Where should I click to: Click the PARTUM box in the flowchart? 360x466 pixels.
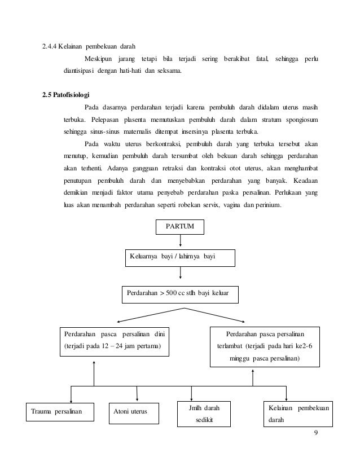coord(179,227)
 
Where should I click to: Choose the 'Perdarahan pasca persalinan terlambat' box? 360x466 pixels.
coord(265,346)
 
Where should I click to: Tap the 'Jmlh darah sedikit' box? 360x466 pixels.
coord(204,414)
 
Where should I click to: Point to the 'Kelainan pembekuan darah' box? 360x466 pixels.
coord(299,414)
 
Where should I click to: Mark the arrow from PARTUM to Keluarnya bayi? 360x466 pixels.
coord(179,241)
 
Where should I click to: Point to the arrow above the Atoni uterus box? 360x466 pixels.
coord(137,394)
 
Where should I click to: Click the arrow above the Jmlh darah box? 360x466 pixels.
coord(192,393)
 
